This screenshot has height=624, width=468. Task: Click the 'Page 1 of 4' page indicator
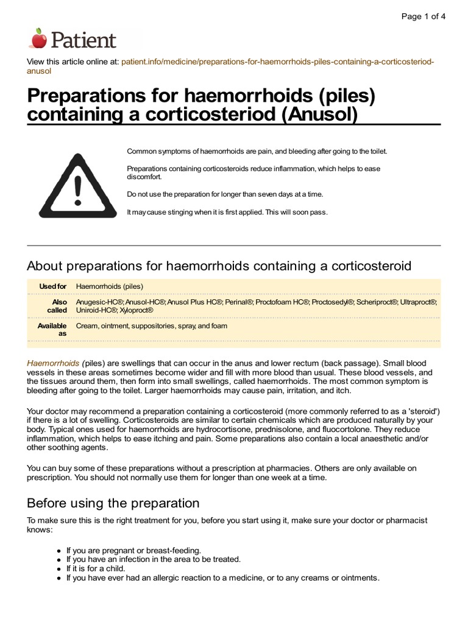[x=423, y=16]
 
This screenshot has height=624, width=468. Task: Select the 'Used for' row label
[x=52, y=286]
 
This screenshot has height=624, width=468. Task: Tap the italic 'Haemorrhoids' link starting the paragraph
[x=53, y=363]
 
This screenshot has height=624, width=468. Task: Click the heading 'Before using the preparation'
[x=113, y=503]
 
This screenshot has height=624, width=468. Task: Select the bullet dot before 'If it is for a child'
[x=59, y=569]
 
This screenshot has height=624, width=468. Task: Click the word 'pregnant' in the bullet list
[x=116, y=550]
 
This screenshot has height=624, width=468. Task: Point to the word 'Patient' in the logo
[x=83, y=40]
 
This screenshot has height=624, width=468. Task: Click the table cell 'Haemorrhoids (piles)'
[x=110, y=286]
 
